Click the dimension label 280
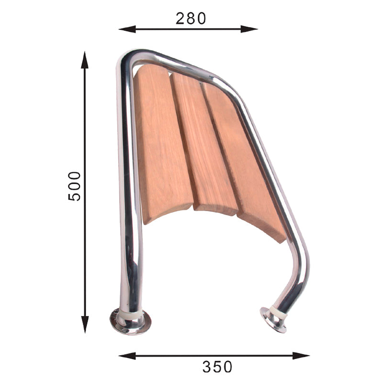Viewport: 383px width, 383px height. click(x=191, y=18)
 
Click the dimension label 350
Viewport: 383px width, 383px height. click(x=217, y=367)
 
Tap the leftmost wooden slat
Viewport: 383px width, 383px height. click(x=160, y=144)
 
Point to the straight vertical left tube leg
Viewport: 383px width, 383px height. click(x=128, y=191)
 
